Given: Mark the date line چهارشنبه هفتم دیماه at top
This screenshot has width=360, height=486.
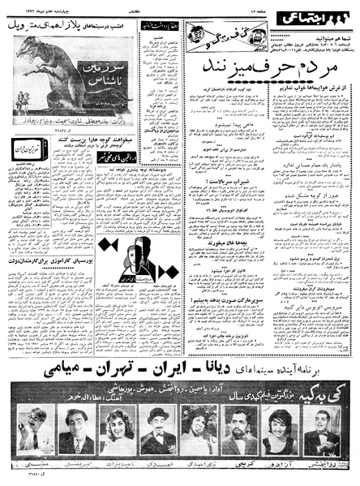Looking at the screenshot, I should tap(32, 7).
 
